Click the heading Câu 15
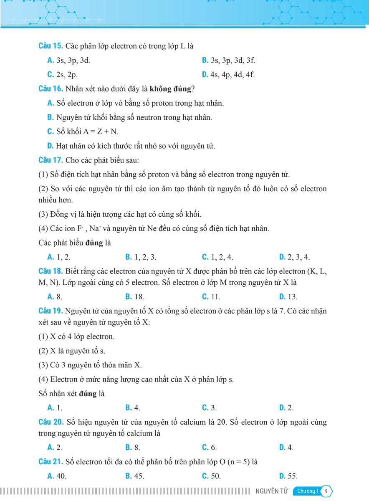point(51,46)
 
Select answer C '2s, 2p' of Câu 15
point(62,75)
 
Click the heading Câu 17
point(51,160)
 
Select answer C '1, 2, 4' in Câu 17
point(217,257)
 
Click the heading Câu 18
point(51,271)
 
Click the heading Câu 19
point(51,311)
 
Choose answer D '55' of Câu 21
point(288,476)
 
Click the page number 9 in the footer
point(326,491)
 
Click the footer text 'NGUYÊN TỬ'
point(272,491)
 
